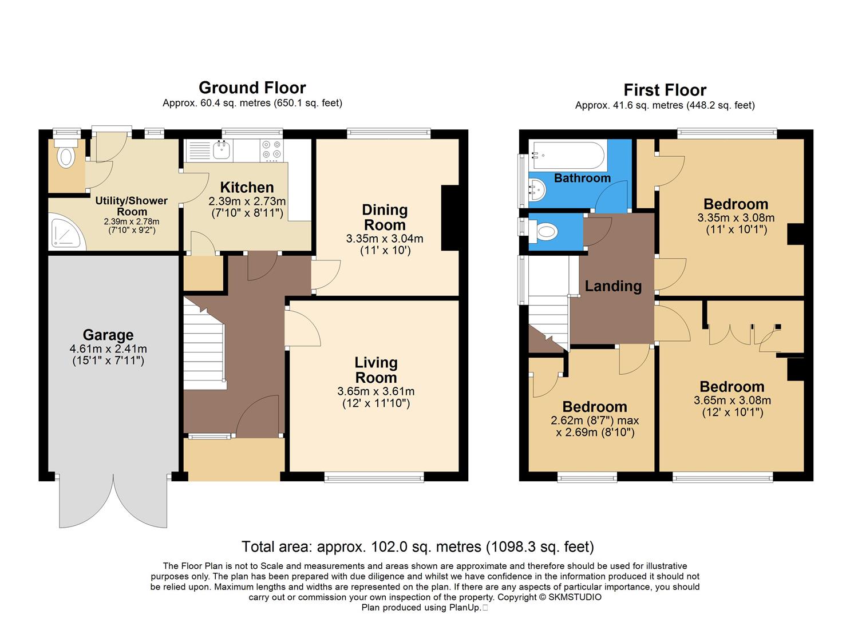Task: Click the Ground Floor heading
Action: pyautogui.click(x=252, y=88)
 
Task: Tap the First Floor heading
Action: pyautogui.click(x=665, y=90)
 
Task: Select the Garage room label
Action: pyautogui.click(x=108, y=335)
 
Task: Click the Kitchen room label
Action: pyautogui.click(x=247, y=187)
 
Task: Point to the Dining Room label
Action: pyautogui.click(x=385, y=217)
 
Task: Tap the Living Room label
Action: pyautogui.click(x=375, y=370)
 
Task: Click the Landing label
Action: pyautogui.click(x=613, y=286)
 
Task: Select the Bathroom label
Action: pyautogui.click(x=582, y=178)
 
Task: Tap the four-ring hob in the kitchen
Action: pyautogui.click(x=271, y=150)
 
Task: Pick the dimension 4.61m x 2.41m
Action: pyautogui.click(x=108, y=348)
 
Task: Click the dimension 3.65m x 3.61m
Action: pyautogui.click(x=375, y=391)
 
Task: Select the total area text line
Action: pyautogui.click(x=418, y=546)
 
